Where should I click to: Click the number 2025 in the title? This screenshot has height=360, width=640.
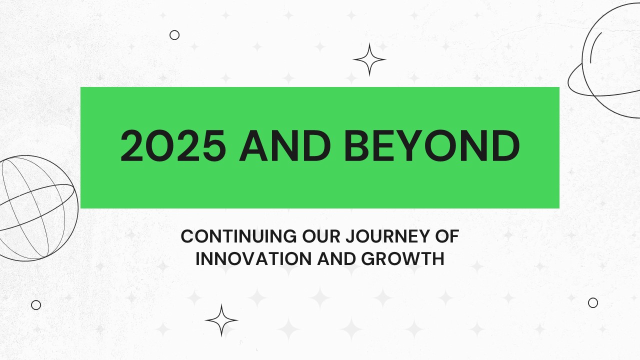(173, 145)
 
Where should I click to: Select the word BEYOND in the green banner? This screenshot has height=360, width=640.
(431, 145)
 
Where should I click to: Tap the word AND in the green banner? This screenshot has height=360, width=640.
(285, 145)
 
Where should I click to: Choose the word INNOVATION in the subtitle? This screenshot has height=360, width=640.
(253, 259)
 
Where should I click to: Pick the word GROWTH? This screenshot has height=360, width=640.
(403, 259)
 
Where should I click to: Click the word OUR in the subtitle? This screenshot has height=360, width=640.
(321, 236)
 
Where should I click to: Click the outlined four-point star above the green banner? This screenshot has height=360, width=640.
(369, 59)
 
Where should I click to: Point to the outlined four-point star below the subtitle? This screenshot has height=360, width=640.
(221, 320)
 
